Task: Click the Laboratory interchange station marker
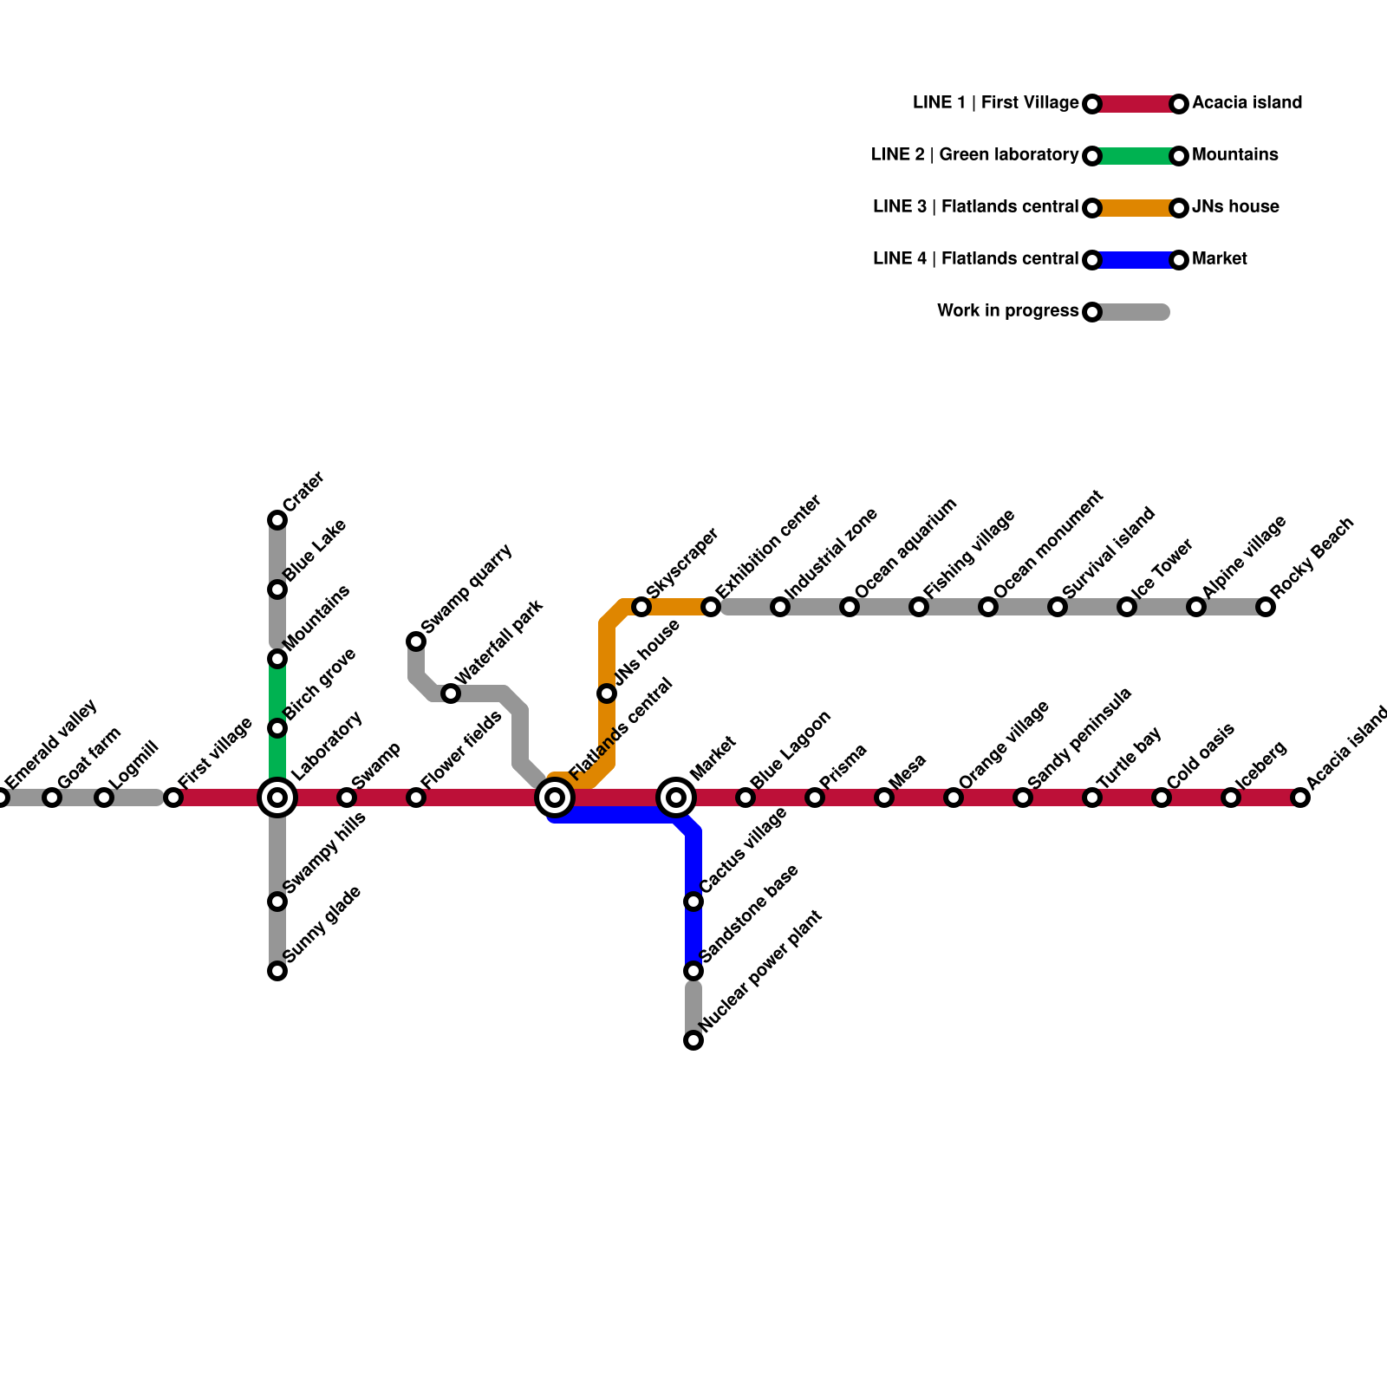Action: click(277, 798)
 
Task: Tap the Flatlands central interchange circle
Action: click(555, 798)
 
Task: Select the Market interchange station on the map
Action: click(676, 798)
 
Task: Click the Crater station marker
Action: click(277, 520)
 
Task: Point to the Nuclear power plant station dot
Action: click(693, 1040)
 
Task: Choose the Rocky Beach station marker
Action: click(1266, 607)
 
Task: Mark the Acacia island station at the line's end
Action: click(1300, 798)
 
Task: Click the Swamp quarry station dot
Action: click(416, 641)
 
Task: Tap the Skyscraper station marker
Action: click(641, 607)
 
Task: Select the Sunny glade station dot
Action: click(277, 971)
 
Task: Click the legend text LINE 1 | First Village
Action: click(995, 103)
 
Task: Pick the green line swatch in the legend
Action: click(1136, 156)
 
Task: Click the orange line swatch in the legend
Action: click(1136, 208)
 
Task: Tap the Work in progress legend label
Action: click(1007, 311)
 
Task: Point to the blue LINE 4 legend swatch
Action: click(1136, 260)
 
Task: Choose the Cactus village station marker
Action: click(693, 902)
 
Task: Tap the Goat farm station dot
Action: click(52, 798)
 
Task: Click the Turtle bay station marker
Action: click(1092, 798)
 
